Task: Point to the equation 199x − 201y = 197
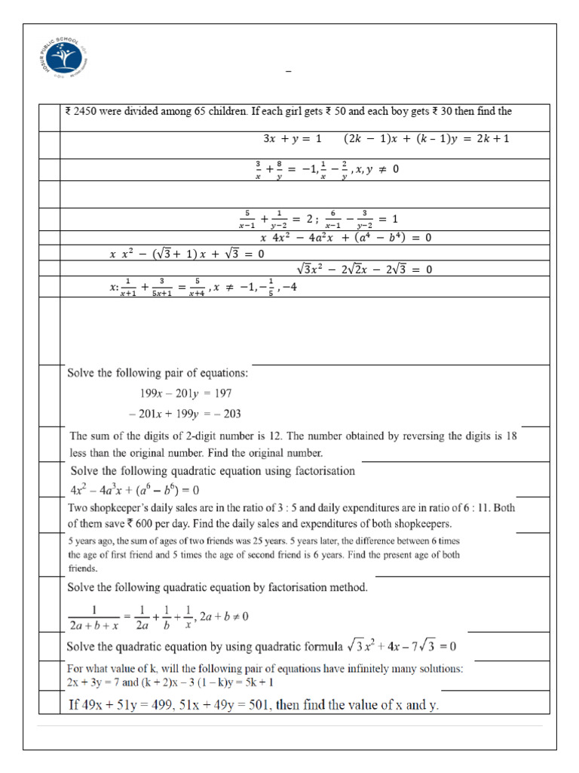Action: point(185,393)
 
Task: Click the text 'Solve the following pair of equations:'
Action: point(158,373)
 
